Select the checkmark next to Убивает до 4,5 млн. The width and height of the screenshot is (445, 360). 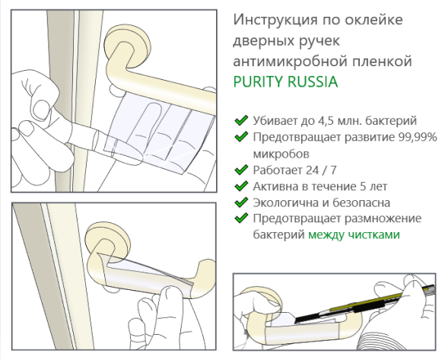[241, 120]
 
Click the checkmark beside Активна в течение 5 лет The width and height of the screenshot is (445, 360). [241, 186]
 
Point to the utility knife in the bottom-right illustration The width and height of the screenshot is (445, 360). [358, 304]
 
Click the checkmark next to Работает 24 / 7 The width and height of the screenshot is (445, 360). [241, 170]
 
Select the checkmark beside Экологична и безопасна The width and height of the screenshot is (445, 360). [241, 202]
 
